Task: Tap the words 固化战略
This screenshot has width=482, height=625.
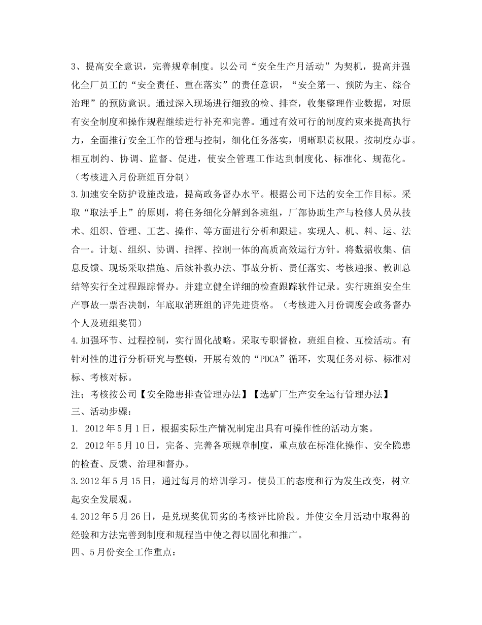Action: [213, 339]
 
